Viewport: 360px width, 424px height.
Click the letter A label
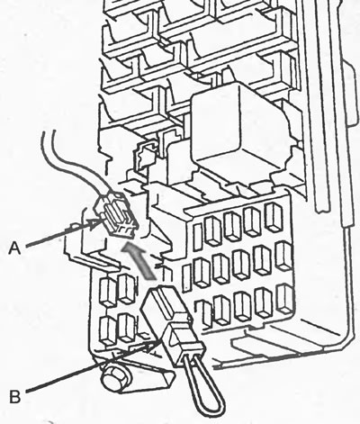tap(14, 248)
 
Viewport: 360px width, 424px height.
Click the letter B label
tap(15, 396)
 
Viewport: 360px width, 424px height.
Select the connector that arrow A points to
tap(116, 213)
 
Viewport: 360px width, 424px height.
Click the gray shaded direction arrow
tap(139, 260)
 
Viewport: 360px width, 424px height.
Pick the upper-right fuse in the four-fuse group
tap(127, 288)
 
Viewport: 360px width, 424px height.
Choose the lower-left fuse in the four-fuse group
tap(108, 330)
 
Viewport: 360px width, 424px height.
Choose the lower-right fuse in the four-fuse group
tap(127, 328)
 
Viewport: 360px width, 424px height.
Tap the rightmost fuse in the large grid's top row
tap(274, 217)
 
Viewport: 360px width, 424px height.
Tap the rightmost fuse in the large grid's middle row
tap(283, 256)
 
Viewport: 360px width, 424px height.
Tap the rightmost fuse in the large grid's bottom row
tap(284, 298)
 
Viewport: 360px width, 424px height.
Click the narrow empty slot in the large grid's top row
tap(198, 237)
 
